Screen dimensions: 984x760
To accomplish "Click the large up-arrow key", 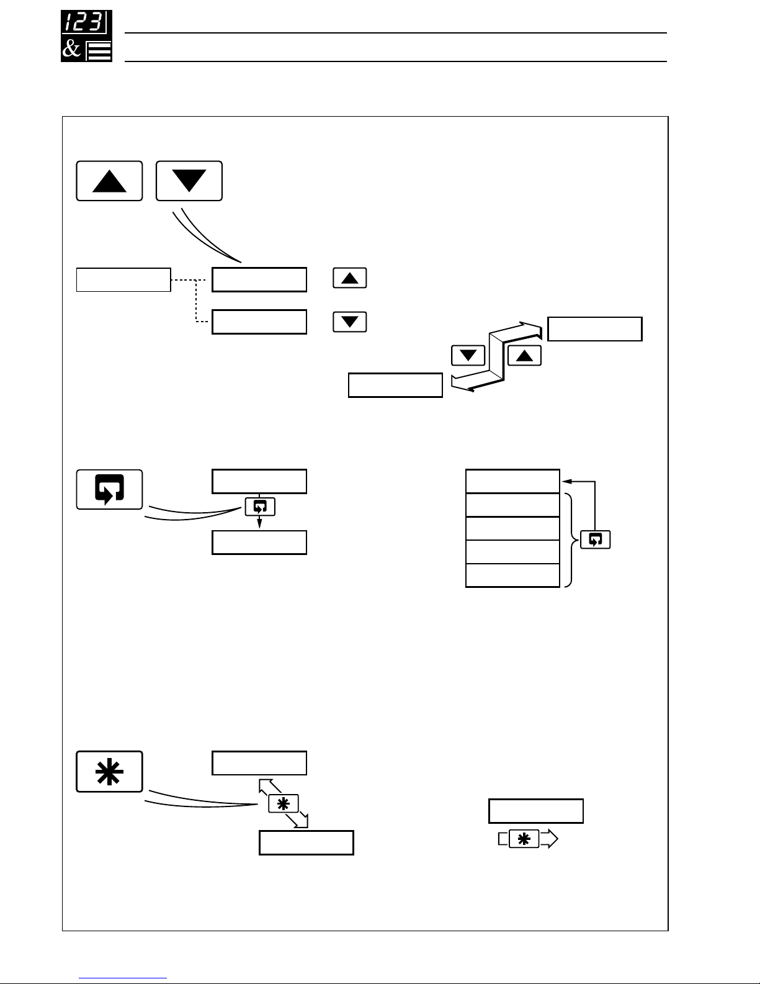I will pos(109,181).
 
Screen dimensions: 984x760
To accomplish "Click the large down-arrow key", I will pos(189,181).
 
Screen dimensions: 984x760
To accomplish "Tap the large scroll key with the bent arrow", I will pos(109,489).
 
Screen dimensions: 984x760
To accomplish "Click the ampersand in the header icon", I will pos(72,49).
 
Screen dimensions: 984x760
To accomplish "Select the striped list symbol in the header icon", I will pos(99,50).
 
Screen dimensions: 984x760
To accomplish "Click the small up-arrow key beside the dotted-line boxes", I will pos(349,278).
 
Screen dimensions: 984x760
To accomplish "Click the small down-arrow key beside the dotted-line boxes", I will pos(349,322).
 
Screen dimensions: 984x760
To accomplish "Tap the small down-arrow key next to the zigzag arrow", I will pos(468,356).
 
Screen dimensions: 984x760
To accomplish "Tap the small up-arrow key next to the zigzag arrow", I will pos(524,355).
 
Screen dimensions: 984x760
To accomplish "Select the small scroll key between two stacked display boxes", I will pos(260,507).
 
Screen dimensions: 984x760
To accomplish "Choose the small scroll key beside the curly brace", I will pos(595,539).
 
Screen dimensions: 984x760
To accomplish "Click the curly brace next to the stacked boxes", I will pos(570,540).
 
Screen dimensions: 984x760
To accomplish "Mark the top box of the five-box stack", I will pos(512,481).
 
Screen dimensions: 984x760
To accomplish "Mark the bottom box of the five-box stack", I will pos(512,576).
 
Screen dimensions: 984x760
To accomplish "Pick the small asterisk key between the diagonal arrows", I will pos(283,803).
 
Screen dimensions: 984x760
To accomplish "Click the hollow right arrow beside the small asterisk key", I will pos(549,839).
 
